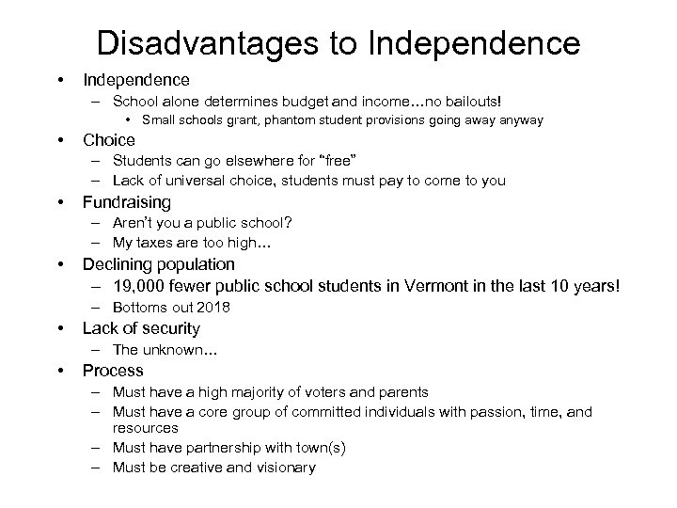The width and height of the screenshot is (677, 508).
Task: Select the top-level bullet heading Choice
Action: click(x=109, y=140)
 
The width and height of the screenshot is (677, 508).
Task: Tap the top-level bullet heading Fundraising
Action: click(x=127, y=202)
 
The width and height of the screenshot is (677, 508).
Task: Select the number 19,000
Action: click(x=140, y=287)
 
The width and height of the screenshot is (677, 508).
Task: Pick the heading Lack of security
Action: click(x=141, y=328)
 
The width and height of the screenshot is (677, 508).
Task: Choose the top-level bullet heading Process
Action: click(x=113, y=371)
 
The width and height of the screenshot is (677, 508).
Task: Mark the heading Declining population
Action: click(x=159, y=264)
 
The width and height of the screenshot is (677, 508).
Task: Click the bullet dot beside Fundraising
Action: click(x=60, y=202)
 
